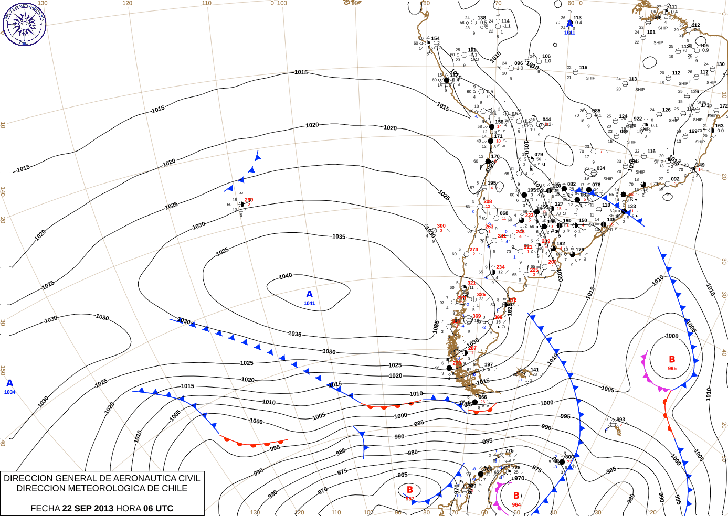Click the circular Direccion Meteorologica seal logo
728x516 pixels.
[x=24, y=24]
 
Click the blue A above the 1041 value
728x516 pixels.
[x=309, y=294]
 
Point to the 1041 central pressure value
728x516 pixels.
[x=309, y=303]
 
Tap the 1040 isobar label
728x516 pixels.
[x=286, y=276]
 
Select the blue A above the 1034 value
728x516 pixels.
[x=9, y=383]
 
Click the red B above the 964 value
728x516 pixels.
[x=516, y=496]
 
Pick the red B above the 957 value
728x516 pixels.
[x=410, y=490]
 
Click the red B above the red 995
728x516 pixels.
[x=672, y=360]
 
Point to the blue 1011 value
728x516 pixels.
[x=569, y=33]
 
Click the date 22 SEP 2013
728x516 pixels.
[x=88, y=508]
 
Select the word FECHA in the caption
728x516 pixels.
[x=45, y=508]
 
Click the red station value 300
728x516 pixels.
[x=441, y=226]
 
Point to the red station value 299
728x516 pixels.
[x=249, y=200]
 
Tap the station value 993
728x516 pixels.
[x=621, y=420]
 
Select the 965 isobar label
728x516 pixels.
[x=403, y=475]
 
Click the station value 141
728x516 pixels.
[x=535, y=370]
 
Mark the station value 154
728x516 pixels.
[x=436, y=38]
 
